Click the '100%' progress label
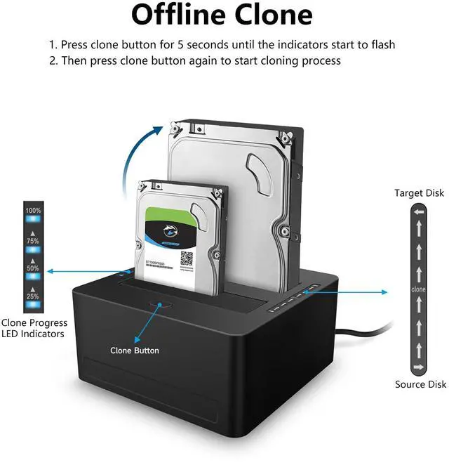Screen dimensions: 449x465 click(33, 211)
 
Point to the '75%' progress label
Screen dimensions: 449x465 click(33, 241)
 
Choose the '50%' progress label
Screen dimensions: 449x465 click(33, 268)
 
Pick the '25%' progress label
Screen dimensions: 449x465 click(33, 296)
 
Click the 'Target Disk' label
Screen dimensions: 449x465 click(419, 193)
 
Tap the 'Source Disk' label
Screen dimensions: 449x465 click(419, 384)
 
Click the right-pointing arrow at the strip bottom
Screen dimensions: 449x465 click(419, 367)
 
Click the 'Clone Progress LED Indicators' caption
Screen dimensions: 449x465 click(34, 328)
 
